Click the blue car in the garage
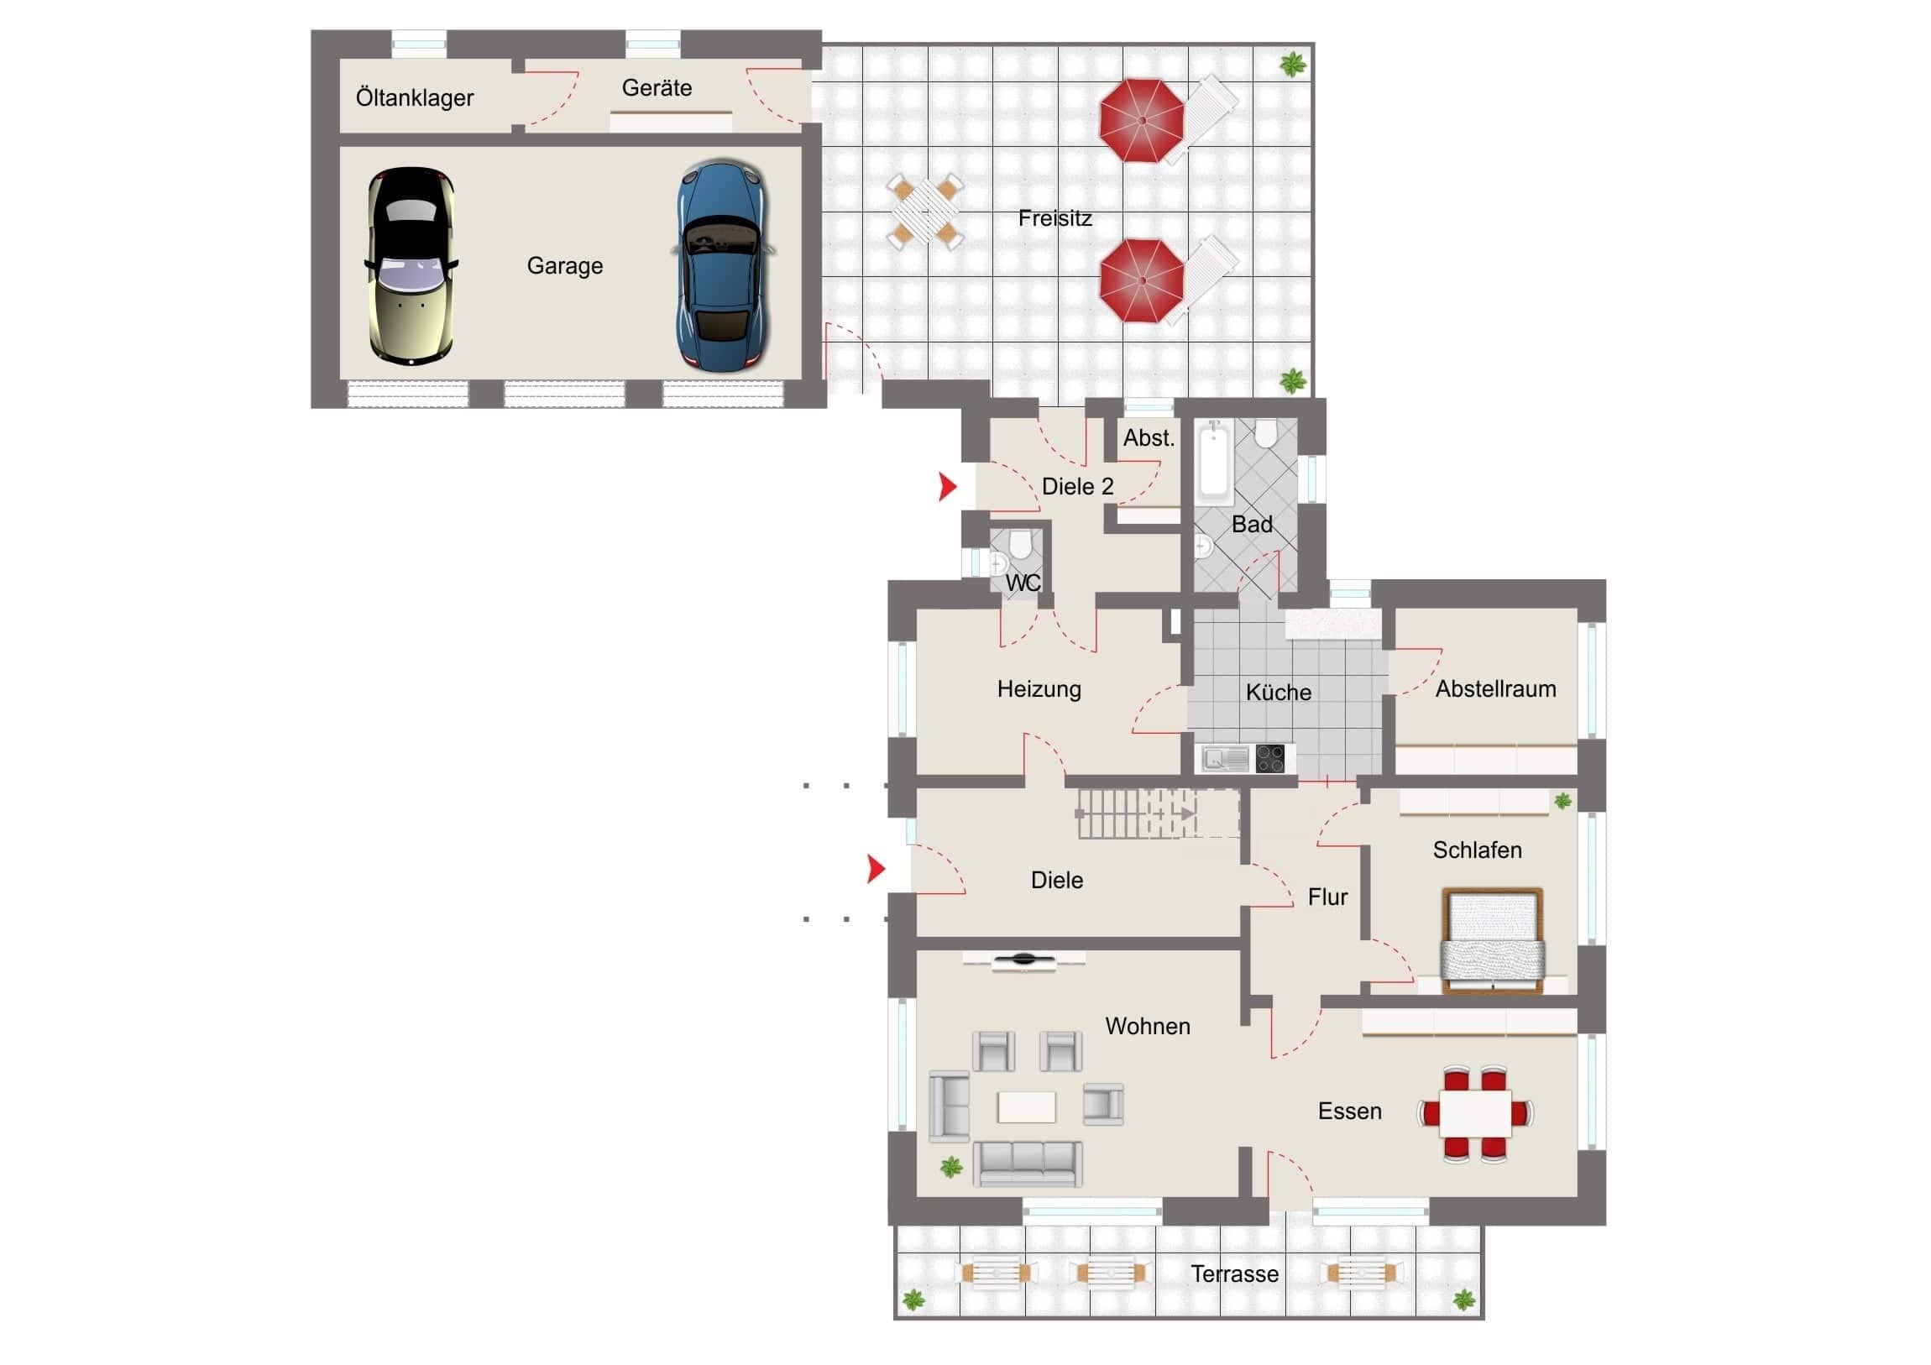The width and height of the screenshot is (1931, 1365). (722, 266)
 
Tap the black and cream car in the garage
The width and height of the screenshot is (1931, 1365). (411, 266)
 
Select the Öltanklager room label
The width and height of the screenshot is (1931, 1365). (415, 97)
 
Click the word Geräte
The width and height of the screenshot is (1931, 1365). (657, 87)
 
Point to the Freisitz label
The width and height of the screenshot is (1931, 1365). (1054, 217)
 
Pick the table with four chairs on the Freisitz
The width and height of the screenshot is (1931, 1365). (925, 210)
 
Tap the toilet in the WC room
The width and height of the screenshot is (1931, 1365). (1020, 543)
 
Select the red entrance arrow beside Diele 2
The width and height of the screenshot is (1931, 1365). (948, 486)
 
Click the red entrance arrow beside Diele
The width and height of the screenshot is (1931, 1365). (877, 869)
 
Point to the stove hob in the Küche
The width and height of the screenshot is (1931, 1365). (1270, 759)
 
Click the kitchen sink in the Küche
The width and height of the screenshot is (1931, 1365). (1226, 760)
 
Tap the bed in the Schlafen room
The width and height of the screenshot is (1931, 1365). (1493, 941)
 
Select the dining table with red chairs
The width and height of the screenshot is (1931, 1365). (1475, 1114)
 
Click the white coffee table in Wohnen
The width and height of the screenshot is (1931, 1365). (1026, 1106)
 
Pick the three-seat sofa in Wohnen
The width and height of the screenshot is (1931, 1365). (1028, 1164)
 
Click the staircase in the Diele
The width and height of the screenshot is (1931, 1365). (1158, 813)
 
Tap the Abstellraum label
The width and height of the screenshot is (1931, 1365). (1495, 689)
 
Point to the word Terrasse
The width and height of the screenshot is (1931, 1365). (1235, 1274)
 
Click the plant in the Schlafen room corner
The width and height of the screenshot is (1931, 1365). (1562, 801)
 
